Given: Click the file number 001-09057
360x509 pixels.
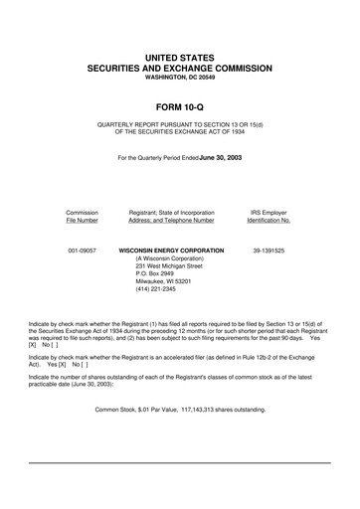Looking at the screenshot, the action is [82, 252].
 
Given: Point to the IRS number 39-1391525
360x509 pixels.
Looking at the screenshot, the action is [269, 252].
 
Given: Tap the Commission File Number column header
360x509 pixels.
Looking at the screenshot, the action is [82, 216].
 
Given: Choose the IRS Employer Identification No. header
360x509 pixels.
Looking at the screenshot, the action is [269, 216].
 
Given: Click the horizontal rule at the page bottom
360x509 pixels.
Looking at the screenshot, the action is [180, 463].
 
